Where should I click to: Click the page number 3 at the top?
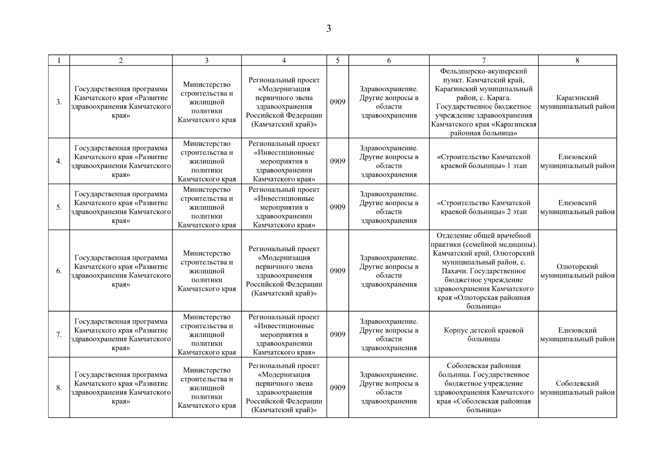pyautogui.click(x=328, y=29)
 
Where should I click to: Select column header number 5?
pyautogui.click(x=337, y=60)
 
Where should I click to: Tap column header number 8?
pyautogui.click(x=577, y=60)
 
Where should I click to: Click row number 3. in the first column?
pyautogui.click(x=59, y=102)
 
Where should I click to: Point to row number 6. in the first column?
pyautogui.click(x=59, y=271)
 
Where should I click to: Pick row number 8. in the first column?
pyautogui.click(x=59, y=388)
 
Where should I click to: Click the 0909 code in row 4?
pyautogui.click(x=337, y=161)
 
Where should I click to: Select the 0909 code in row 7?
pyautogui.click(x=337, y=335)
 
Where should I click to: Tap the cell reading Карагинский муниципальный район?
pyautogui.click(x=577, y=102)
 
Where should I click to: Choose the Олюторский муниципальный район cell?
pyautogui.click(x=577, y=271)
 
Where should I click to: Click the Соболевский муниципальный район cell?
pyautogui.click(x=577, y=388)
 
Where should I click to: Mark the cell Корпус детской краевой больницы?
pyautogui.click(x=483, y=335)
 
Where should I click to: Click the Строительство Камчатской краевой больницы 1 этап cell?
pyautogui.click(x=483, y=161)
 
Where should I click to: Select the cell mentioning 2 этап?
pyautogui.click(x=483, y=207)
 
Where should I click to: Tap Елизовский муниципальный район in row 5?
pyautogui.click(x=577, y=207)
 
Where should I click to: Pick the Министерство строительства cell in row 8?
pyautogui.click(x=207, y=388)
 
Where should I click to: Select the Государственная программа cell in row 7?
pyautogui.click(x=121, y=335)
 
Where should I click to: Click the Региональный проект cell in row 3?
pyautogui.click(x=284, y=102)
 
